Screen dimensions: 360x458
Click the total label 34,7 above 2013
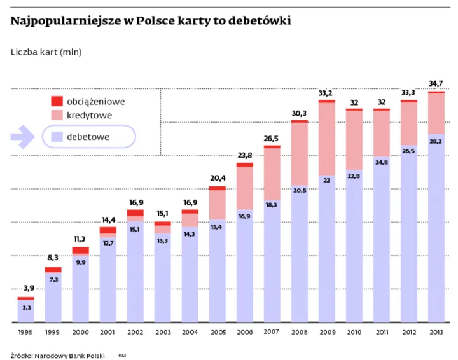[436, 83]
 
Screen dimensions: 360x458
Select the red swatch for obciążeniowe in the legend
[57, 101]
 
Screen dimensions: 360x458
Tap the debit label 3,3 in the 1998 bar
[25, 308]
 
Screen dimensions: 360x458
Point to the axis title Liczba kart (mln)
[46, 52]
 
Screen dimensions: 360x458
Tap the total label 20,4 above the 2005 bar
[217, 178]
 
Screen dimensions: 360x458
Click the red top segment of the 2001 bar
[108, 230]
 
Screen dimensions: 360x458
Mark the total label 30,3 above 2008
[299, 113]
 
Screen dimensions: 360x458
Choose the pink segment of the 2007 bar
[272, 174]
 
